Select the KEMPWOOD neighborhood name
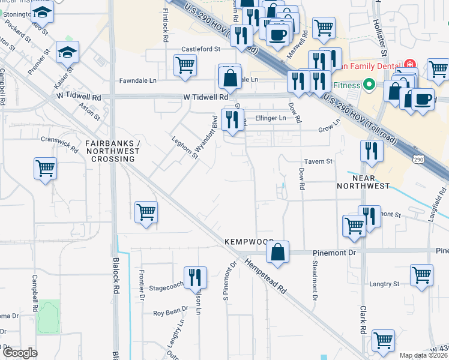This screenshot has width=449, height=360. pyautogui.click(x=249, y=241)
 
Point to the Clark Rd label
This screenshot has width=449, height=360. pyautogui.click(x=363, y=320)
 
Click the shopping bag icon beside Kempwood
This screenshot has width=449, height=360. pyautogui.click(x=278, y=254)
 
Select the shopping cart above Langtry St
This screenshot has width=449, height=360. pyautogui.click(x=422, y=276)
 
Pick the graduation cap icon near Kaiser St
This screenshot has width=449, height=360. pyautogui.click(x=68, y=53)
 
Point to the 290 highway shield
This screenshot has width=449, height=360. pyautogui.click(x=418, y=159)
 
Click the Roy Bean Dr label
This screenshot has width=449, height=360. pyautogui.click(x=170, y=313)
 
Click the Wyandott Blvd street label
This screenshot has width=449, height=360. pyautogui.click(x=213, y=133)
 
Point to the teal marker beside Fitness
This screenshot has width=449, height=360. pyautogui.click(x=370, y=85)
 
